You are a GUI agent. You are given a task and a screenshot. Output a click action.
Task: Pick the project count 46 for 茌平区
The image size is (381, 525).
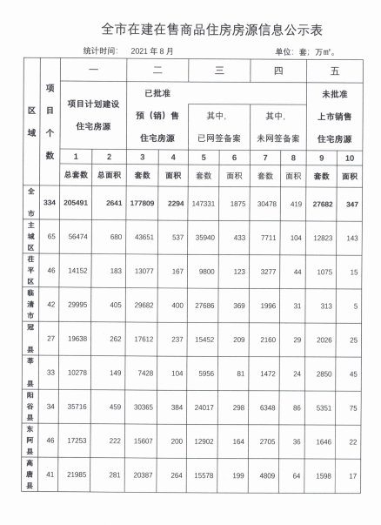[50, 271]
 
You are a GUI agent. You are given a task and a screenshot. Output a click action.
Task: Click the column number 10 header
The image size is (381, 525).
[351, 157]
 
